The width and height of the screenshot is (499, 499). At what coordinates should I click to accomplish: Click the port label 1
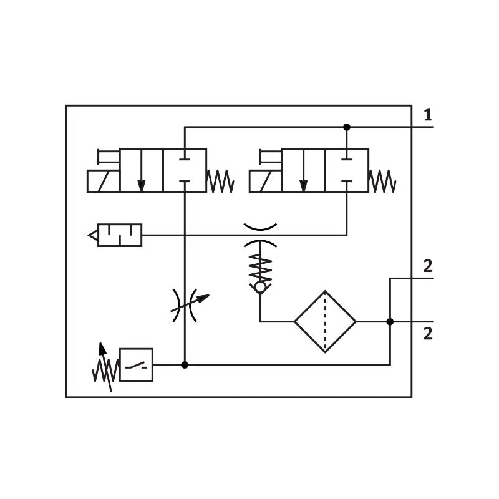(428, 115)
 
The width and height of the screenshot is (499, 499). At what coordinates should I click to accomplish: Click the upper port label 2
(428, 266)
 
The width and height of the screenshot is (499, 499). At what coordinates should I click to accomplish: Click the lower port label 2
(428, 334)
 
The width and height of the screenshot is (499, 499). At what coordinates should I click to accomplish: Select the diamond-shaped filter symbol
(325, 322)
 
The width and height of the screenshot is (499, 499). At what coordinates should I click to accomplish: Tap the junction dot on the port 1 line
(347, 127)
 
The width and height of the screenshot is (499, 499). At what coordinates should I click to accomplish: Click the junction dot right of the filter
(390, 322)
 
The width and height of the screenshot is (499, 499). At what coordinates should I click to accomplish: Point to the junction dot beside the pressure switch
(185, 365)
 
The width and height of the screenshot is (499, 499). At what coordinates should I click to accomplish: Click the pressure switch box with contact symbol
(136, 365)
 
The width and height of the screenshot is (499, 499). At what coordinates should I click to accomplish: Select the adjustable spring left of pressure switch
(105, 367)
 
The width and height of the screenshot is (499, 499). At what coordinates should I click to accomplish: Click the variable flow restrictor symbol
(190, 305)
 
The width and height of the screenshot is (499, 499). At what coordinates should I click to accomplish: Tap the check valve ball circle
(260, 288)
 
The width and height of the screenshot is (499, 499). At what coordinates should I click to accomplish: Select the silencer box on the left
(120, 235)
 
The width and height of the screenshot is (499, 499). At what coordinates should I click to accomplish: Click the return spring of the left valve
(221, 181)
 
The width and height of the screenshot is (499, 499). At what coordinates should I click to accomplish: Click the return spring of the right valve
(382, 181)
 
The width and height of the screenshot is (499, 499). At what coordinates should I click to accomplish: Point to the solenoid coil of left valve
(104, 181)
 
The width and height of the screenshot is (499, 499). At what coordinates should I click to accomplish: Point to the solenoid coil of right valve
(266, 181)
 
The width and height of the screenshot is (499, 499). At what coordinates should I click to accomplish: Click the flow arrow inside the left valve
(142, 170)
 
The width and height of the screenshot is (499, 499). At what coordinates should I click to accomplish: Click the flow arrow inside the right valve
(304, 170)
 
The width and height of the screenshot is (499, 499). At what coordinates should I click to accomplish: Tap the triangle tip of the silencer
(88, 236)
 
